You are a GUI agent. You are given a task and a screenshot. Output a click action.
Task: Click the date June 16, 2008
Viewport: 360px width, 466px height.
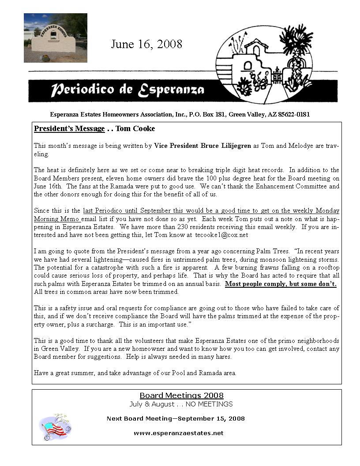pyautogui.click(x=146, y=44)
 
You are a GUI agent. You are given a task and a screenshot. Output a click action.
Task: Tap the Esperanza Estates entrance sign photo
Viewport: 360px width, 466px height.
pyautogui.click(x=56, y=38)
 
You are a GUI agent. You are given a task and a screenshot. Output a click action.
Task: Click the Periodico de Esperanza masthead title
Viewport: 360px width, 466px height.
pyautogui.click(x=127, y=90)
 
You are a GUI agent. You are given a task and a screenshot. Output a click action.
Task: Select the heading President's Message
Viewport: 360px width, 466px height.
pyautogui.click(x=69, y=129)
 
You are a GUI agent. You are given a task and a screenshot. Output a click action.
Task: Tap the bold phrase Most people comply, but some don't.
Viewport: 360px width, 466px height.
pyautogui.click(x=281, y=284)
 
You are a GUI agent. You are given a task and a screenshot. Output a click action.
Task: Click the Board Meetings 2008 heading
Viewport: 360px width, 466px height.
pyautogui.click(x=181, y=395)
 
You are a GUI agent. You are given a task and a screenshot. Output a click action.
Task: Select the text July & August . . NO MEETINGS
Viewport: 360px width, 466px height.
pyautogui.click(x=181, y=404)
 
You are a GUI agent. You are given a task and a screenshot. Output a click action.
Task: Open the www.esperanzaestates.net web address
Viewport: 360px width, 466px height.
pyautogui.click(x=179, y=433)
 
